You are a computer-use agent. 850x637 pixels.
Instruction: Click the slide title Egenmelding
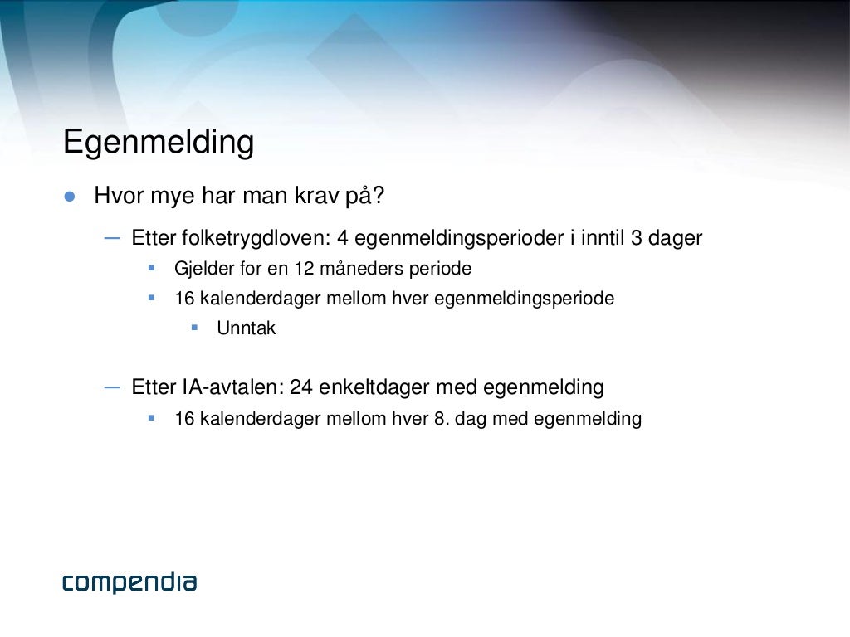[x=159, y=143]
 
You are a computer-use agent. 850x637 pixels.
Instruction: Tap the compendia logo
[x=129, y=582]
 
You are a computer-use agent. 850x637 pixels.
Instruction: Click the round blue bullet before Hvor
[x=70, y=197]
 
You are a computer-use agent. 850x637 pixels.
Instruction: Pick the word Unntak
[x=246, y=328]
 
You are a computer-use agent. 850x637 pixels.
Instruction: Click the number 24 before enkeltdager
[x=300, y=387]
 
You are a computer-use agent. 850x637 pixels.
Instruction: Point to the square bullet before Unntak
[x=194, y=327]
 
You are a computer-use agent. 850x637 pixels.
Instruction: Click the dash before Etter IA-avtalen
[x=112, y=386]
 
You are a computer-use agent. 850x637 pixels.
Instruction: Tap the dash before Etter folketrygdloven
[x=112, y=237]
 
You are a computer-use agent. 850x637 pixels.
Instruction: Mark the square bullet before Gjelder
[x=152, y=268]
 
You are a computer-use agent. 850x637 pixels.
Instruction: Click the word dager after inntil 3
[x=676, y=238]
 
